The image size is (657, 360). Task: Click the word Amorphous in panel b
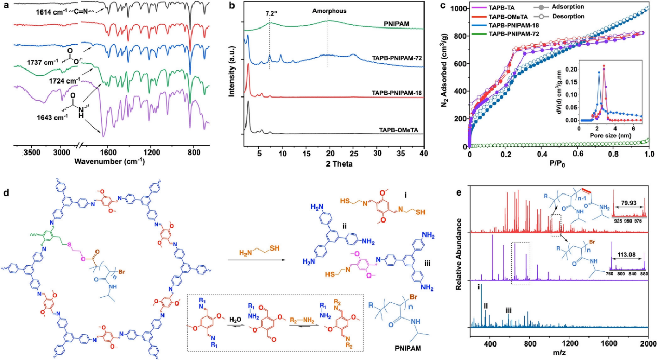[328, 10]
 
